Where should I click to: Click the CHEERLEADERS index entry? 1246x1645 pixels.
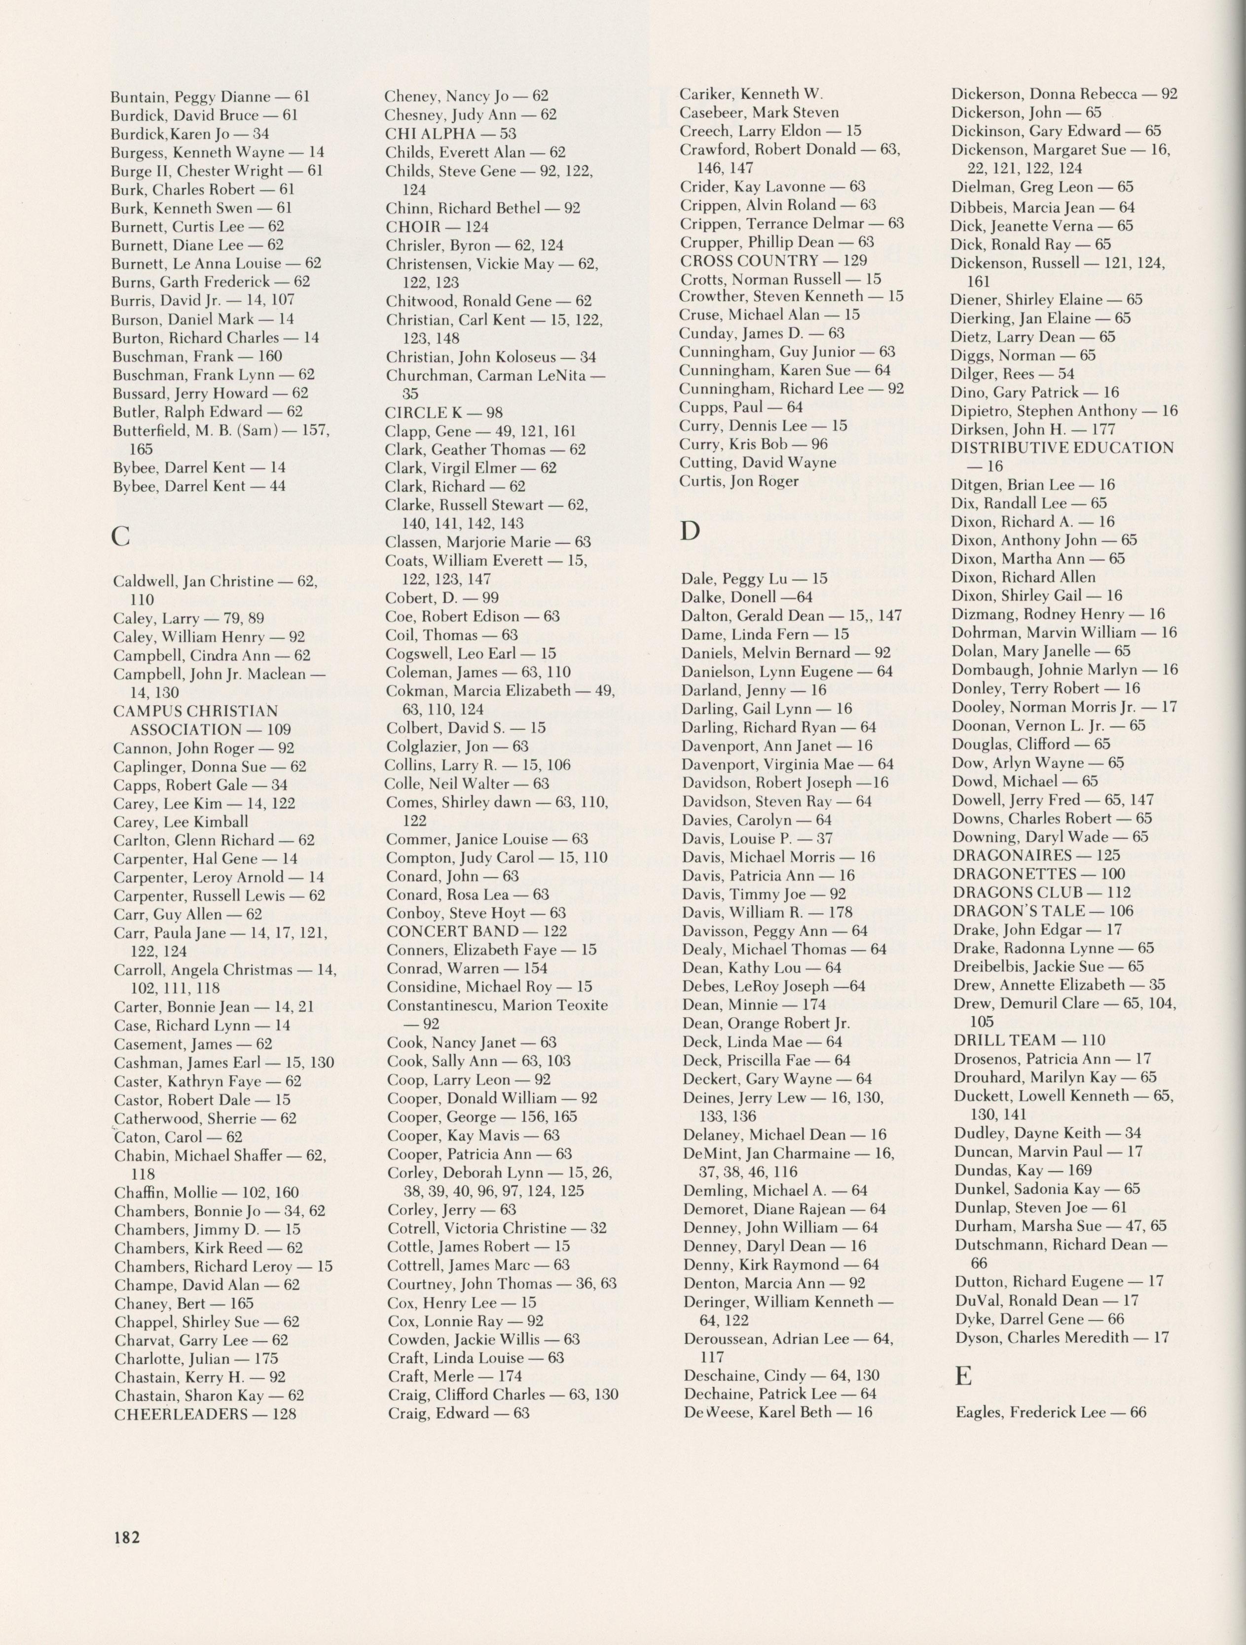coord(205,1414)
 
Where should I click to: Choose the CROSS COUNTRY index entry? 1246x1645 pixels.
coord(773,260)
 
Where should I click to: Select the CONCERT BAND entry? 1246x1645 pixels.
coord(476,930)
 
